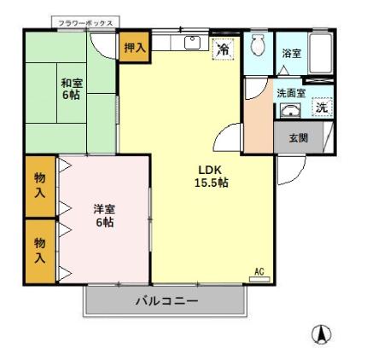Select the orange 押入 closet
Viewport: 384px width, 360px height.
pos(133,48)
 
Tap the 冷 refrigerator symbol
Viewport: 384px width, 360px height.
pos(222,49)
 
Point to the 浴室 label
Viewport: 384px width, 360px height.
pos(291,54)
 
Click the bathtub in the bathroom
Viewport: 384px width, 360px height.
pos(321,53)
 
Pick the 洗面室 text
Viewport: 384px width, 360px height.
pos(291,93)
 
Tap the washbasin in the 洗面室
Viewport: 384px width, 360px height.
pos(291,110)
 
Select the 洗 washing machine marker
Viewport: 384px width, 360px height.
pos(321,108)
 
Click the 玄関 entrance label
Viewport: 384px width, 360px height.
pos(298,138)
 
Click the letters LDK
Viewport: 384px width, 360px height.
pos(211,169)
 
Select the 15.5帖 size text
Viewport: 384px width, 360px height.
pos(211,183)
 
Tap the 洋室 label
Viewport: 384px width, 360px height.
pos(104,209)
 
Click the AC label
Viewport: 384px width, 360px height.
pos(259,272)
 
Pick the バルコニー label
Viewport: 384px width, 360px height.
pos(167,302)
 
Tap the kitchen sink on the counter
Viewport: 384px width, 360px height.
pos(191,42)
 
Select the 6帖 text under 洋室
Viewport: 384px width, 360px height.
pos(104,223)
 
